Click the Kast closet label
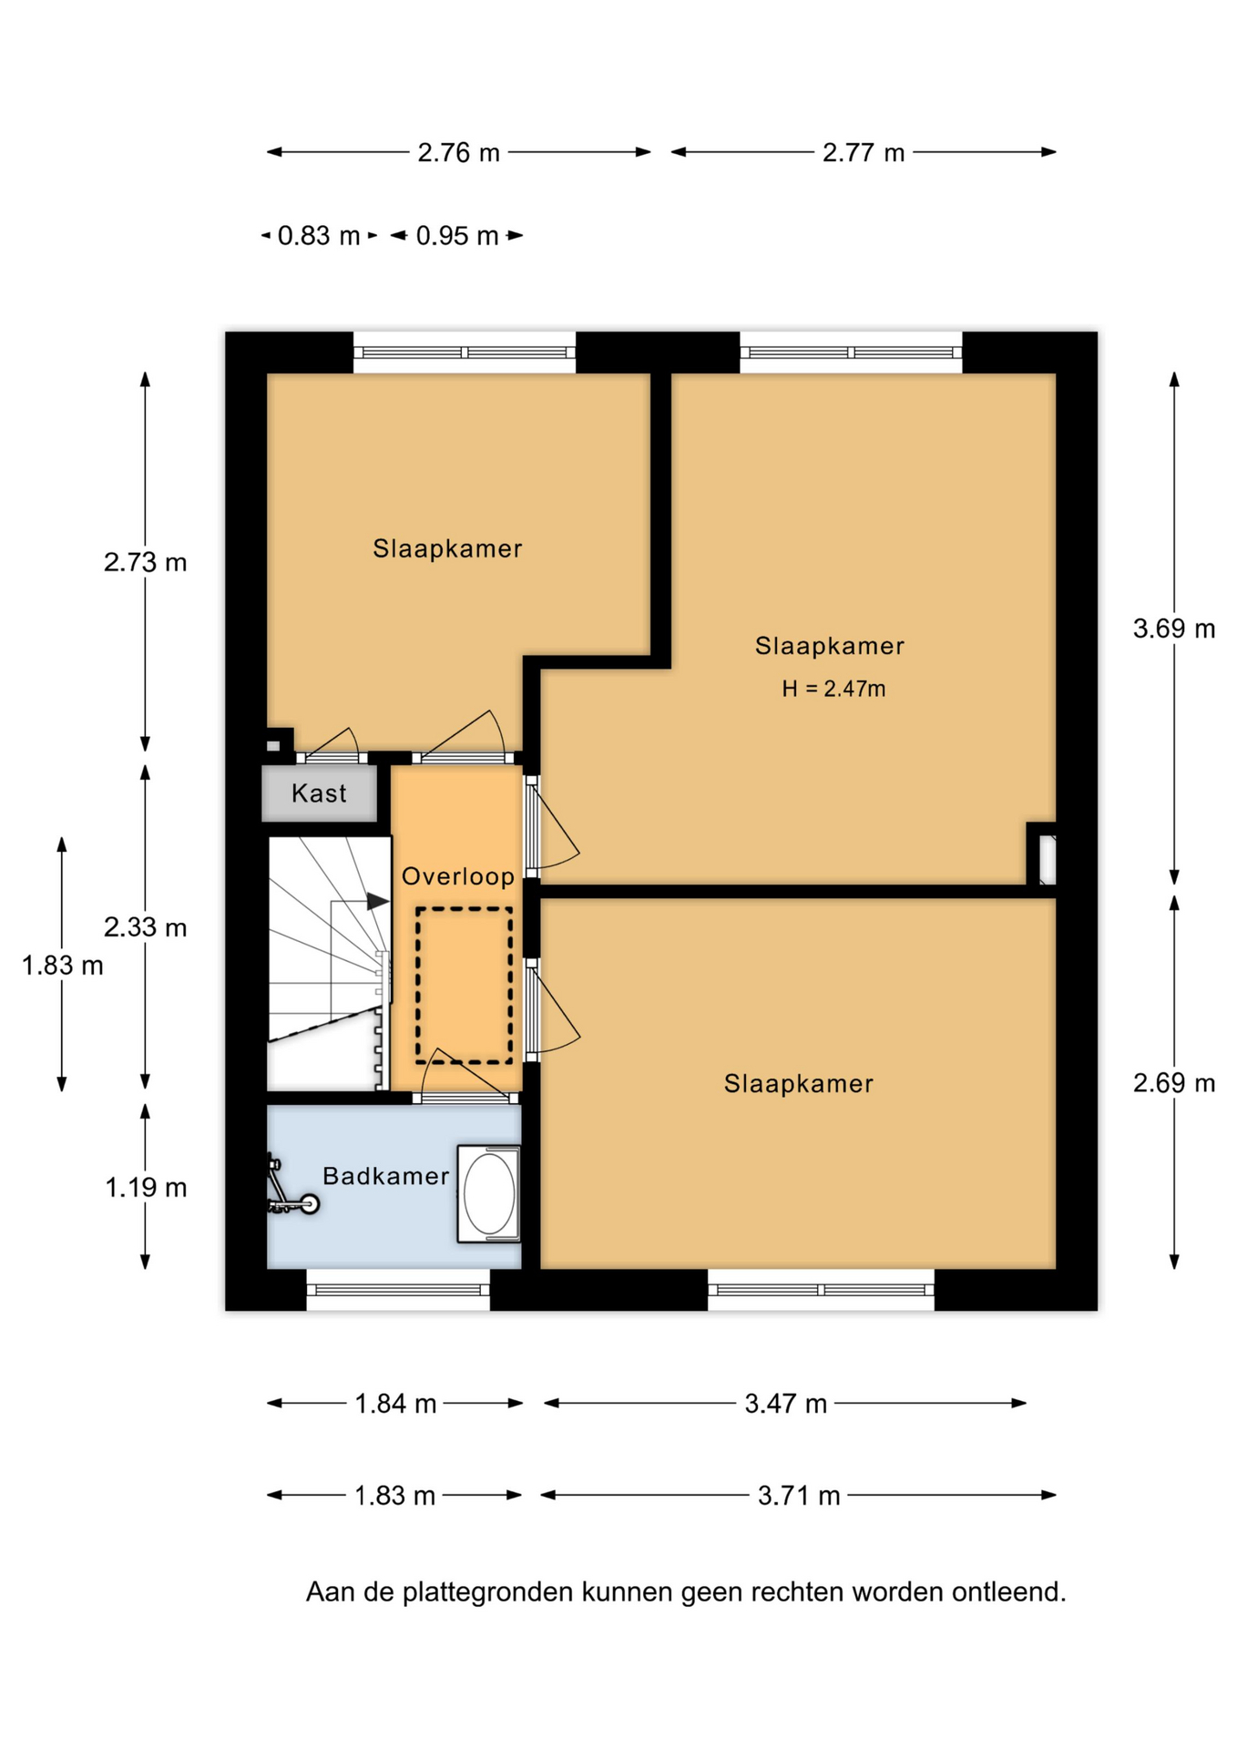[319, 793]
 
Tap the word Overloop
[458, 876]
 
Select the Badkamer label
[386, 1176]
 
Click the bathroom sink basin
[489, 1193]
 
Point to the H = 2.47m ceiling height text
[833, 689]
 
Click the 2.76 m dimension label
[459, 152]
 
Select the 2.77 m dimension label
[864, 152]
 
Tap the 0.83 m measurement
[319, 236]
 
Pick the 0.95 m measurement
[457, 236]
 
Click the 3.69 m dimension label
[1174, 629]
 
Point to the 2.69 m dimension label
[1174, 1083]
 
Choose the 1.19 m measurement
[146, 1188]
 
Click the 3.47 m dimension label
[786, 1404]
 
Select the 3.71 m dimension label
[799, 1496]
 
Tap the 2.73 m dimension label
[146, 562]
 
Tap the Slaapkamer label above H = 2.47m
[830, 646]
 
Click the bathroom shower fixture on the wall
[291, 1186]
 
